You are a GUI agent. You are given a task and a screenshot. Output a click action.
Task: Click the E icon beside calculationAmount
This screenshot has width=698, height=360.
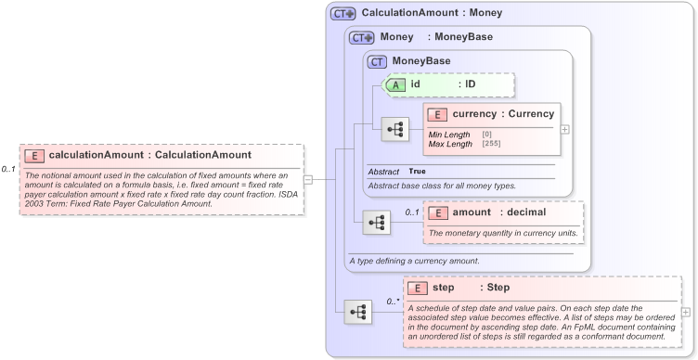click(34, 155)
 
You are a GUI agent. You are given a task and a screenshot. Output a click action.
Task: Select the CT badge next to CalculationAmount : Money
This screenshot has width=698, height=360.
click(343, 14)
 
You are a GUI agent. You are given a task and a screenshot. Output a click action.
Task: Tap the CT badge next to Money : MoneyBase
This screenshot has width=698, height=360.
click(361, 37)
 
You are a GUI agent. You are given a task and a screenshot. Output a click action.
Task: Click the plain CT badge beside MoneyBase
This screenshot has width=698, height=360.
click(378, 61)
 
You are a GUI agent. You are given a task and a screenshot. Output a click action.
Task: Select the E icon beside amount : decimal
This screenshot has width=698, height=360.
click(437, 213)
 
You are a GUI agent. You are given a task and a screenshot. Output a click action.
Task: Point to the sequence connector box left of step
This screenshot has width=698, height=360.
click(357, 312)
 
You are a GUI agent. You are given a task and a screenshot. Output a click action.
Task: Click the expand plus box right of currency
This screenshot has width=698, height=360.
click(565, 129)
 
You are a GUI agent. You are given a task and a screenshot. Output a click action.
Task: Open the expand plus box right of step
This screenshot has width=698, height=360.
click(686, 313)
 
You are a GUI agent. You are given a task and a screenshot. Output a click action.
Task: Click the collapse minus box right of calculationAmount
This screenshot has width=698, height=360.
click(308, 180)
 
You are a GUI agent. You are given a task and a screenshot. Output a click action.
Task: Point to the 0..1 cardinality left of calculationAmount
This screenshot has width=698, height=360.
click(8, 169)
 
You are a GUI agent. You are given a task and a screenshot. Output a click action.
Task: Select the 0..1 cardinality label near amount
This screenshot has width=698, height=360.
click(412, 212)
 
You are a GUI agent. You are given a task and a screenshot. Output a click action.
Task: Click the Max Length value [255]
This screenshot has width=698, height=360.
click(492, 143)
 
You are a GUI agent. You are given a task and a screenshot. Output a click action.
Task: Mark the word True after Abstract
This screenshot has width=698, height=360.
click(418, 172)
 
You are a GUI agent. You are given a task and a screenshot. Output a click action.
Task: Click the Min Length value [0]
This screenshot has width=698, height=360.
click(487, 134)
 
